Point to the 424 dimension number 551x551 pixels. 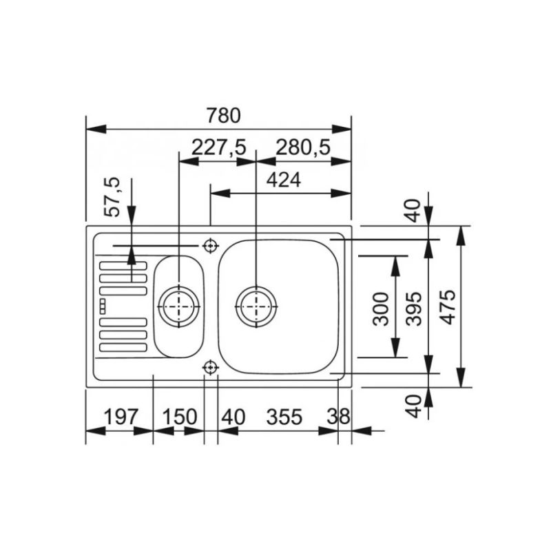pos(283,180)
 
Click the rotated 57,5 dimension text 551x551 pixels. pos(112,197)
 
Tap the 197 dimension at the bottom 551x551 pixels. pos(121,417)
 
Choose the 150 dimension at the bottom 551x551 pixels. pos(180,417)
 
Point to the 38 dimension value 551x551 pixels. pos(338,417)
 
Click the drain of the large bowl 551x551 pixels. pos(256,304)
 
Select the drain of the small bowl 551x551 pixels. pos(179,304)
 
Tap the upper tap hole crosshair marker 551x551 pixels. pos(209,245)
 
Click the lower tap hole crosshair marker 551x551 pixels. pos(209,368)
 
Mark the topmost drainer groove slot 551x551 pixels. pos(123,266)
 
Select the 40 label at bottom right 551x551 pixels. pos(412,405)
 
